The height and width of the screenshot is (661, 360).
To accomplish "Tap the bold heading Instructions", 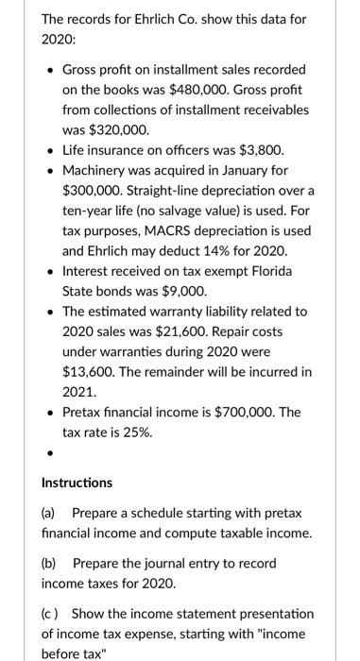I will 77,483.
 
